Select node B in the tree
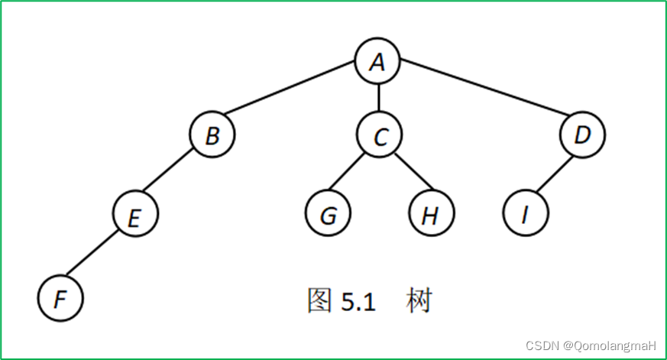pos(212,136)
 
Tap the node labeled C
pos(380,136)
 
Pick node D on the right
pos(581,136)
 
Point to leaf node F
pos(60,297)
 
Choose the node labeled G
pos(328,215)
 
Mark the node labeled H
pos(431,215)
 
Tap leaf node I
pos(526,215)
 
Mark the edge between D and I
pos(554,176)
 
